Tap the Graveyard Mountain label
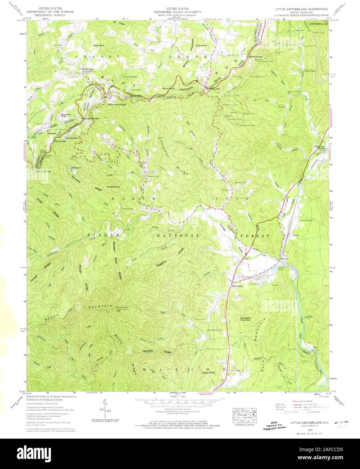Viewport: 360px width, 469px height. [247, 318]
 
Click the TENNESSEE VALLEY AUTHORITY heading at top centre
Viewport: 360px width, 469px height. [180, 12]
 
